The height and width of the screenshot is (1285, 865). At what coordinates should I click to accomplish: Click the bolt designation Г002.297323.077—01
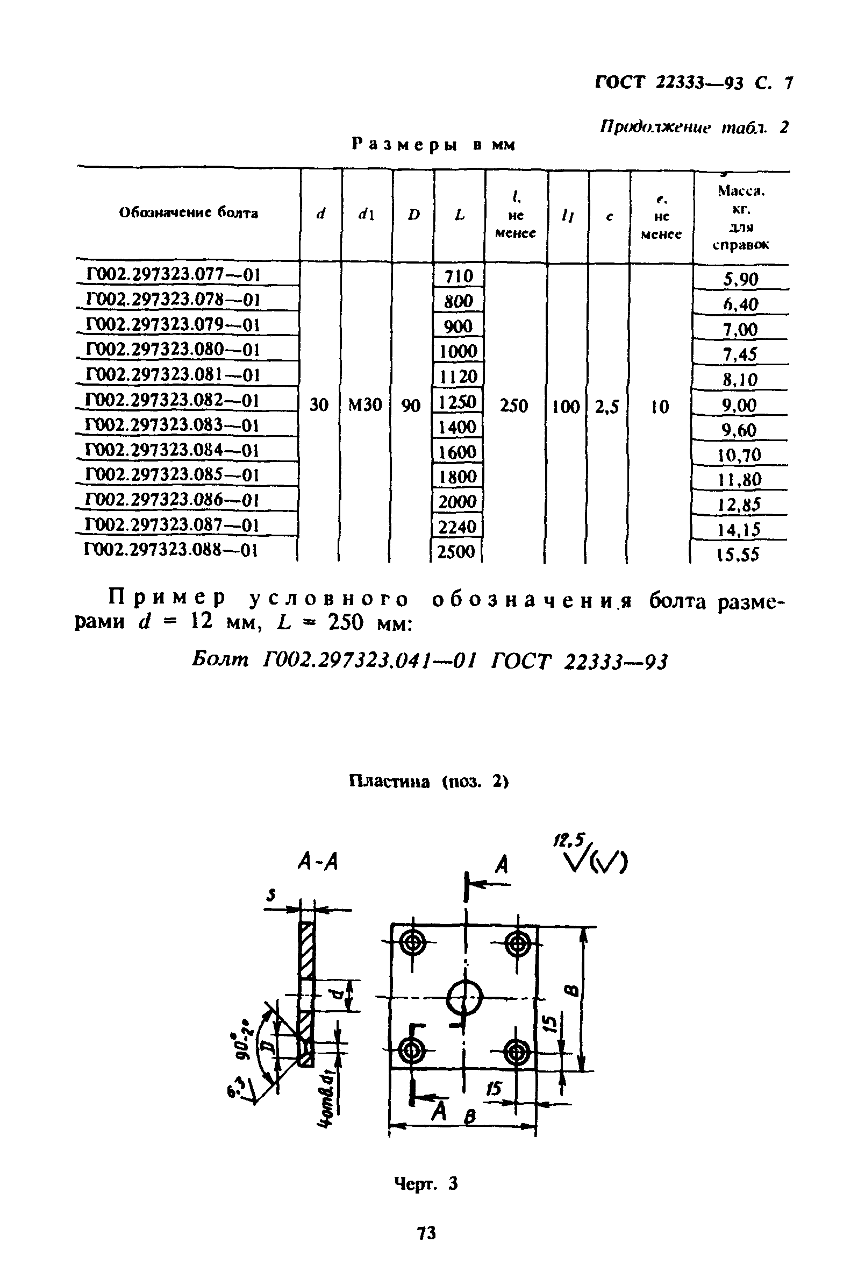pos(173,275)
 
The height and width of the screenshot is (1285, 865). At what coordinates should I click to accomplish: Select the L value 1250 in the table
pos(458,401)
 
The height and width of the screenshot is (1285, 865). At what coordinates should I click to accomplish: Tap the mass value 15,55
pos(739,554)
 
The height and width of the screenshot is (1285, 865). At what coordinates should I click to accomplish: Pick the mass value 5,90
pos(740,279)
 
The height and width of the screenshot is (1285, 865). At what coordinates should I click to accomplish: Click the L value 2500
pos(456,551)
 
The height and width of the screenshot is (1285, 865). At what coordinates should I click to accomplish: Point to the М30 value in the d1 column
pos(365,405)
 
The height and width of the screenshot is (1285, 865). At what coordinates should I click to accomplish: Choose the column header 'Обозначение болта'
pos(188,213)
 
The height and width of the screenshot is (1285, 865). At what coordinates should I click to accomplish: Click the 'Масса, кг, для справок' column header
pos(740,217)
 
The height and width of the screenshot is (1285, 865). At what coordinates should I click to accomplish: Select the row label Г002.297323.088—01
pos(171,550)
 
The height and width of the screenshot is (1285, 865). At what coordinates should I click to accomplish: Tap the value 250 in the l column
pos(513,406)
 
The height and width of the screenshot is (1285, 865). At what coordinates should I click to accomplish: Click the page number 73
pos(426,1233)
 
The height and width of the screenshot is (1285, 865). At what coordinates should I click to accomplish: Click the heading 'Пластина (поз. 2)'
pos(428,782)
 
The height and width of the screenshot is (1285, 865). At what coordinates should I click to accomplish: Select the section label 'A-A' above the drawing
pos(317,861)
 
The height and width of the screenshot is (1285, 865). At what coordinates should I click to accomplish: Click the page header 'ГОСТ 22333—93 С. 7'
pos(694,83)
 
